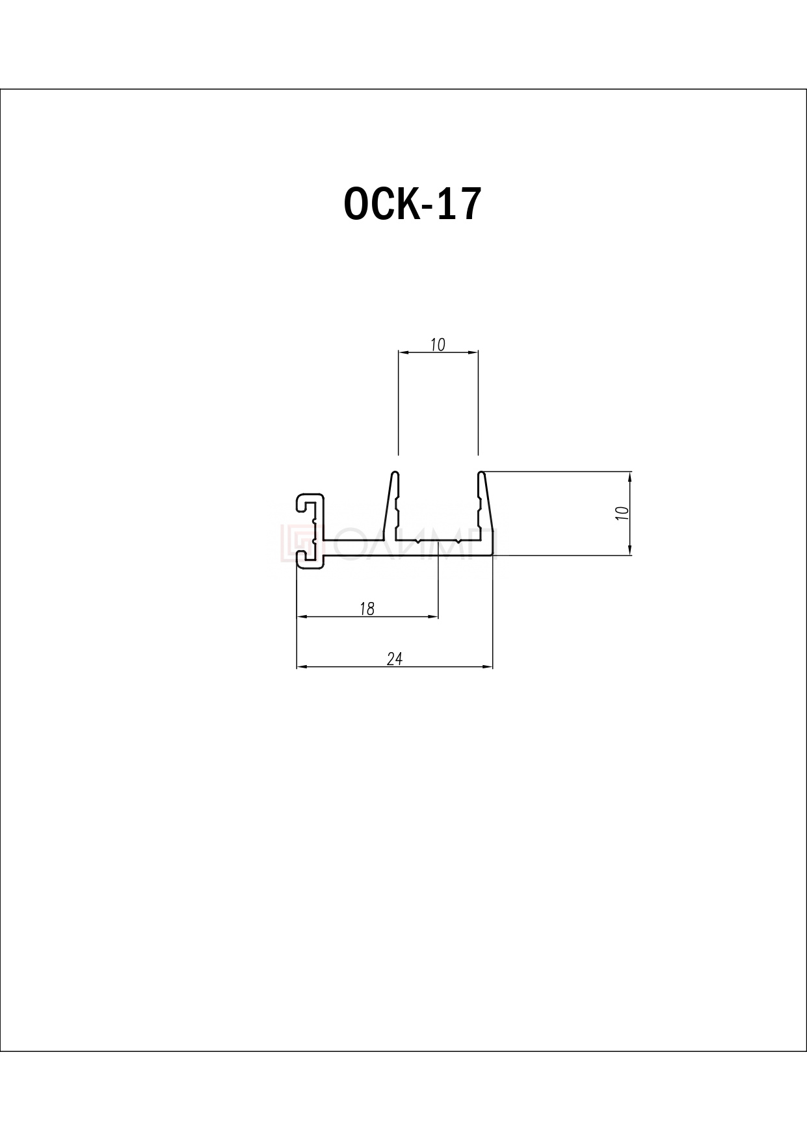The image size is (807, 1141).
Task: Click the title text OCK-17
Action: point(412,204)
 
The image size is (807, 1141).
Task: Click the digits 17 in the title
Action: point(458,204)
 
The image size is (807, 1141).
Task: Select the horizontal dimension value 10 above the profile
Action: point(438,345)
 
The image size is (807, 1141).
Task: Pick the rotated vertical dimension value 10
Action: point(622,512)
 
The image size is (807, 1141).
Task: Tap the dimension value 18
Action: point(367,609)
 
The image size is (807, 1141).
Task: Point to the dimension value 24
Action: point(395,659)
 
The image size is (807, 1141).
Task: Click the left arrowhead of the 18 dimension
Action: point(302,617)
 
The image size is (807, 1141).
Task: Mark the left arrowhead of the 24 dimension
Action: point(302,667)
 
